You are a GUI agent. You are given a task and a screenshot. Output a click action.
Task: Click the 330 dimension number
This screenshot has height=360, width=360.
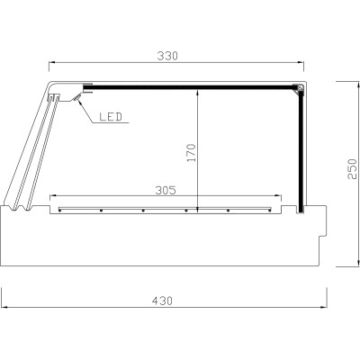click(x=168, y=55)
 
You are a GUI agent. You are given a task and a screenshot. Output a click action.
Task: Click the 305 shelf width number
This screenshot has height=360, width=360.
click(x=164, y=190)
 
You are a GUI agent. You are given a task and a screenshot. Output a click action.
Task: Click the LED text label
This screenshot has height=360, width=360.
click(x=111, y=116)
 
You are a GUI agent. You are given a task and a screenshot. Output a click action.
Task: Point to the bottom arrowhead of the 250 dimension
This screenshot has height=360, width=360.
click(x=340, y=265)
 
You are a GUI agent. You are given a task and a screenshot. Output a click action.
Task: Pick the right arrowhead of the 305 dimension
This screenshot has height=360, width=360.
click(x=278, y=196)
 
